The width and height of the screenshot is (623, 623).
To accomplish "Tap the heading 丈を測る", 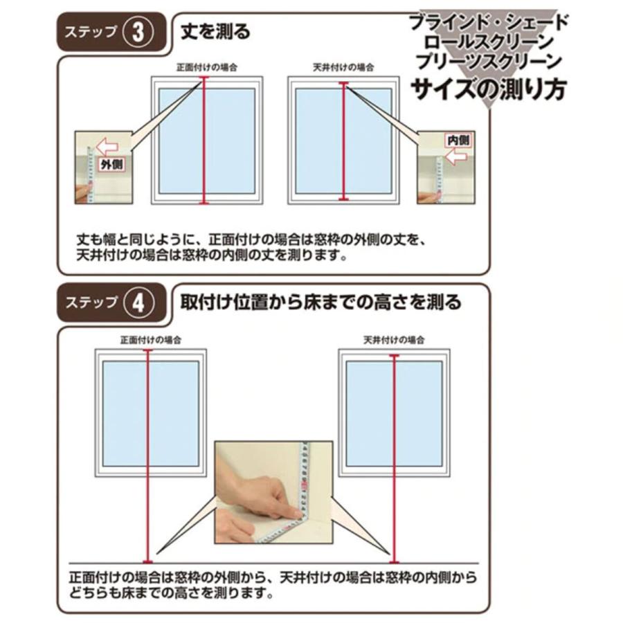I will point(215,32).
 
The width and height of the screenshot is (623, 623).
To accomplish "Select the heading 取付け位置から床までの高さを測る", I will point(320,303).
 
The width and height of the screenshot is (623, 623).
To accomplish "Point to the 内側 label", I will point(458,140).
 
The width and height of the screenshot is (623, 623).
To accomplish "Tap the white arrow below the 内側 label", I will point(455,158).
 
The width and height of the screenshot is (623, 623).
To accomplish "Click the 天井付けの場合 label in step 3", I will point(343,67).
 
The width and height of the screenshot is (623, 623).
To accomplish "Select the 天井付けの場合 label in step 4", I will point(393,340).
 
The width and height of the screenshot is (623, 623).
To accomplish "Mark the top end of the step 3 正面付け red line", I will point(204,79).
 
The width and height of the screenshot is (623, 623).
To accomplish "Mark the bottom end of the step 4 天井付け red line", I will point(394,561).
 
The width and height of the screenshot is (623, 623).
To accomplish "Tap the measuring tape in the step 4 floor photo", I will point(303,485).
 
